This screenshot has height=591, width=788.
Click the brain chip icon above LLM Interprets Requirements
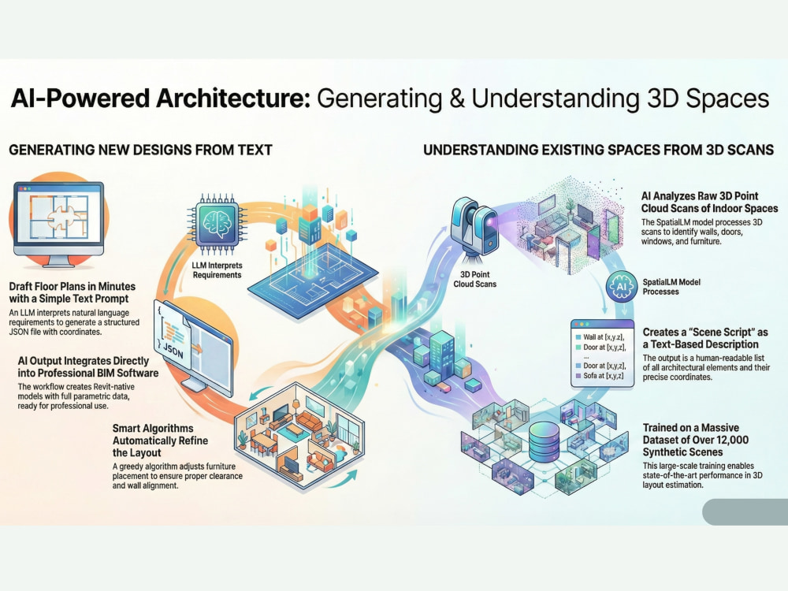click(217, 224)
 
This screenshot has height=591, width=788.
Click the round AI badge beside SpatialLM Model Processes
click(622, 286)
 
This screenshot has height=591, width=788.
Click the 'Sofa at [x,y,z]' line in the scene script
click(603, 375)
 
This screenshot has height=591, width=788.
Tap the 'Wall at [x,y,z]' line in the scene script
click(604, 337)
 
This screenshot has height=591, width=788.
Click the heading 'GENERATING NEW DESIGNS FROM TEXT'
click(141, 150)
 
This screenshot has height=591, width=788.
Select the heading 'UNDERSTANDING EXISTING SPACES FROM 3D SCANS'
click(599, 150)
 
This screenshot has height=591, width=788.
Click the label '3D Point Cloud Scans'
click(475, 279)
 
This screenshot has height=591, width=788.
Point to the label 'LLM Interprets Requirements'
click(217, 269)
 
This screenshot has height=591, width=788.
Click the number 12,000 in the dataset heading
click(727, 440)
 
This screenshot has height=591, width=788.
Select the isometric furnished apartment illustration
click(300, 436)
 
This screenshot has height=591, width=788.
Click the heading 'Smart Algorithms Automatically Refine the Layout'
click(160, 440)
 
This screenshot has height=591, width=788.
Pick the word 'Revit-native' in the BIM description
click(113, 386)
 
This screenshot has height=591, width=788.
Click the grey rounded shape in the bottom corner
click(745, 512)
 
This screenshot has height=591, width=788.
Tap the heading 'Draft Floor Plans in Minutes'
click(72, 287)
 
